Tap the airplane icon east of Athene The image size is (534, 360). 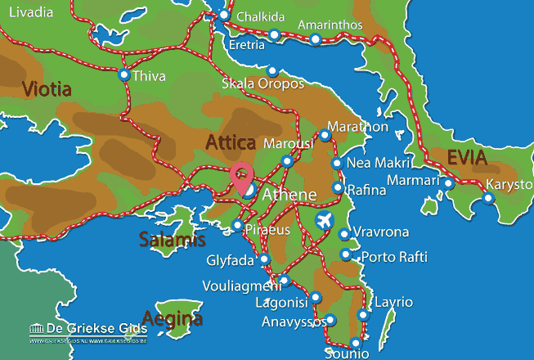coord(325,220)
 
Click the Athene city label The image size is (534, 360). coord(289,194)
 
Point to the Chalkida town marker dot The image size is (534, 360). coord(224,15)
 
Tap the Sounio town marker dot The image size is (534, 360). coord(355,344)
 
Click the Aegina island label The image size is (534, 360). coord(171,317)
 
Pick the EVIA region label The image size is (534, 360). coord(467,158)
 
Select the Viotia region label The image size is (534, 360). coord(47,88)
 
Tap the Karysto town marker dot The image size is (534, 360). coord(488,196)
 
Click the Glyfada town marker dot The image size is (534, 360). coord(264,259)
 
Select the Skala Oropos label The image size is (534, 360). coord(263,84)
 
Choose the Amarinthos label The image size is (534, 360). coord(330,25)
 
